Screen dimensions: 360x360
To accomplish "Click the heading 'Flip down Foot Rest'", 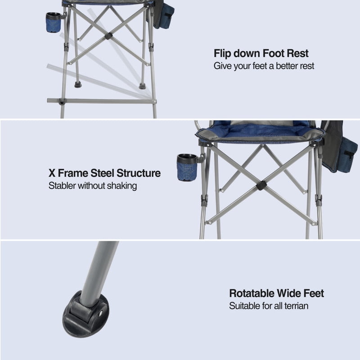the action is [261, 53].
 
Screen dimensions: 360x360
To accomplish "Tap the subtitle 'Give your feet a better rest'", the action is [264, 66].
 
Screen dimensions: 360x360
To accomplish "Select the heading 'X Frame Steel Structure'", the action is [104, 173].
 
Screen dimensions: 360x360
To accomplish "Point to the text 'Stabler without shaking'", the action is [93, 186].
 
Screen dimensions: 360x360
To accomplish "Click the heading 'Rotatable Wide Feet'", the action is [276, 293].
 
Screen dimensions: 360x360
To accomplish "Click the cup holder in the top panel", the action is [54, 22].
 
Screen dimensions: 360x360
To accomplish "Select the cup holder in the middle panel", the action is [187, 167].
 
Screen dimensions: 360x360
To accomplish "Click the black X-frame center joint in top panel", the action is [108, 36].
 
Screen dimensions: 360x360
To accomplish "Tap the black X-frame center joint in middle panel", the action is [261, 185].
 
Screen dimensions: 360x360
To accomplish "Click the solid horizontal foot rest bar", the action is [102, 101].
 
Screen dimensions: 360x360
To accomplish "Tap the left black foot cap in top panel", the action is [78, 85].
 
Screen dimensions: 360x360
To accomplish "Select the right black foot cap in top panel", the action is [142, 86].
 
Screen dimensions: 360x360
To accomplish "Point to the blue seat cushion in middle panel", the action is [260, 132].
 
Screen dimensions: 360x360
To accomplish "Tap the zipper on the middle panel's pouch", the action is [350, 155].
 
